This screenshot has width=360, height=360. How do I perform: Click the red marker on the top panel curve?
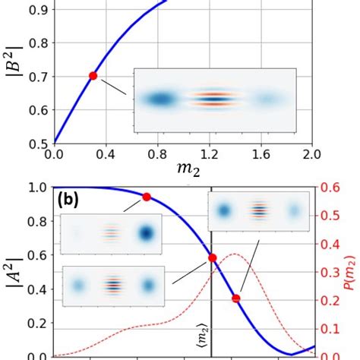point(93,75)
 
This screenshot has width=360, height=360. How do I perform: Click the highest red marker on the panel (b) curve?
point(147,197)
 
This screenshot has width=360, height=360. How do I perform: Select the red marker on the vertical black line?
point(212,258)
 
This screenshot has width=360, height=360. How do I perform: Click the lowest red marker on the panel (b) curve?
point(236,298)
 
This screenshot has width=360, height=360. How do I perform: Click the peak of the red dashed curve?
point(234,275)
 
